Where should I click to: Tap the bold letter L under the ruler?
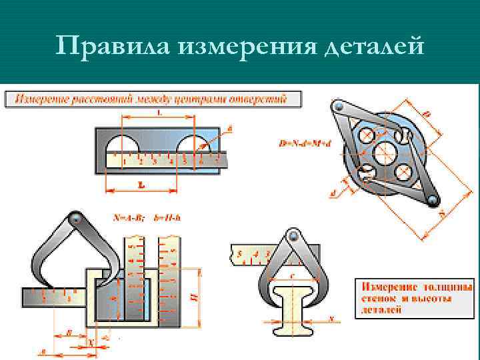coord(141,185)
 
